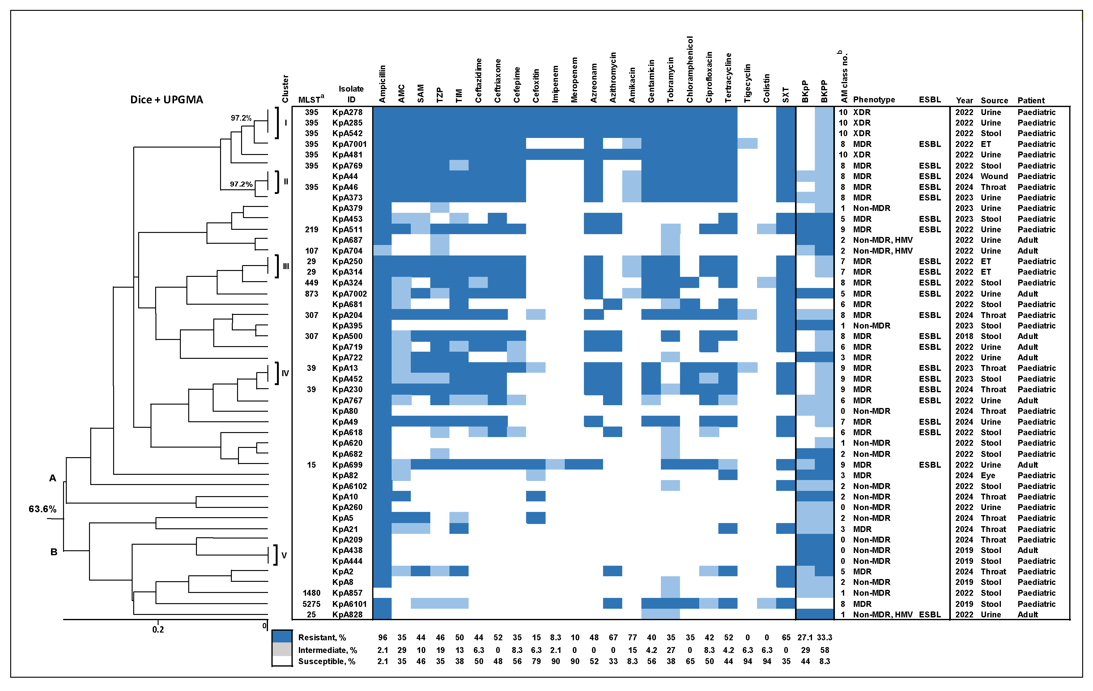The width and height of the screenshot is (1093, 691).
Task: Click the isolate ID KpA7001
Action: point(349,144)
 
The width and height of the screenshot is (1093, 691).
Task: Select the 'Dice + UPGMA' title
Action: point(167,100)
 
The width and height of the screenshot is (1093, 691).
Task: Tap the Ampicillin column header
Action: point(382,84)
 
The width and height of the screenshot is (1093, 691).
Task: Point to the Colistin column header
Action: point(767,88)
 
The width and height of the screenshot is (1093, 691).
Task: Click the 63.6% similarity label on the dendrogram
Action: point(42,509)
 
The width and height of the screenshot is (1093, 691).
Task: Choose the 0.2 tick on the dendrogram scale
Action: point(158,629)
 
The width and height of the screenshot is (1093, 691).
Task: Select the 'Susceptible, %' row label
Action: point(326,662)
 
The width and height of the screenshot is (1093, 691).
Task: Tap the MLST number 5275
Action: point(311,604)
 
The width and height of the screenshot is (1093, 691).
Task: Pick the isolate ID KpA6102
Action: point(349,486)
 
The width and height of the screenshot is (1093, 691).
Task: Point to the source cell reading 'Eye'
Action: point(988,475)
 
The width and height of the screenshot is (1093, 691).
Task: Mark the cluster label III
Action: point(286,266)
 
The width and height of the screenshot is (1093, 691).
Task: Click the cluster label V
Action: point(284,555)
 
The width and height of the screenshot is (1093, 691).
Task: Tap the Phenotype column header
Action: point(874,100)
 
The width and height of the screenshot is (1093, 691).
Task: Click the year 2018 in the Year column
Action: point(964,336)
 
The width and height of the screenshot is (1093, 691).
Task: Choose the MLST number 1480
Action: point(311,593)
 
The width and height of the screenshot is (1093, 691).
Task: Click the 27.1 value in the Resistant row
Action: point(805,637)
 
